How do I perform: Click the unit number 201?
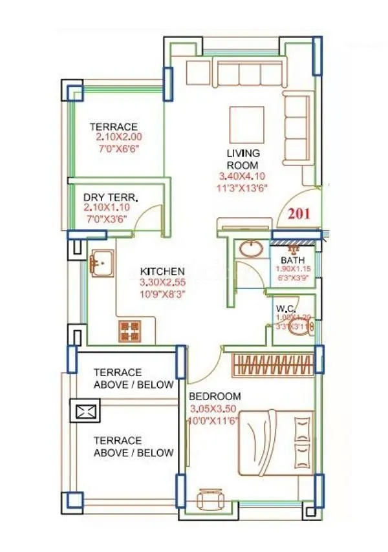[x=298, y=214]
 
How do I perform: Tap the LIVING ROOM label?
[x=242, y=159]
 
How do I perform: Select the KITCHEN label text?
[x=163, y=271]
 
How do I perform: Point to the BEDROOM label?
[x=215, y=396]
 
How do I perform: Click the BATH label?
[x=292, y=260]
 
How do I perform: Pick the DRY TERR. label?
[x=111, y=197]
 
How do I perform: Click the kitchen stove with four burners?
[x=129, y=330]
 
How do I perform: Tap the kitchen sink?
[x=102, y=263]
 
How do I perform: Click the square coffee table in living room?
[x=246, y=125]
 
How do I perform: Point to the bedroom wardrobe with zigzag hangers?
[x=271, y=363]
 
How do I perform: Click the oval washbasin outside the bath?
[x=249, y=248]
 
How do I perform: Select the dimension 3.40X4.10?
[x=242, y=176]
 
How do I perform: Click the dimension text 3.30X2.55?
[x=163, y=282]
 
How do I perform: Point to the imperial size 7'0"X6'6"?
[x=118, y=149]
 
